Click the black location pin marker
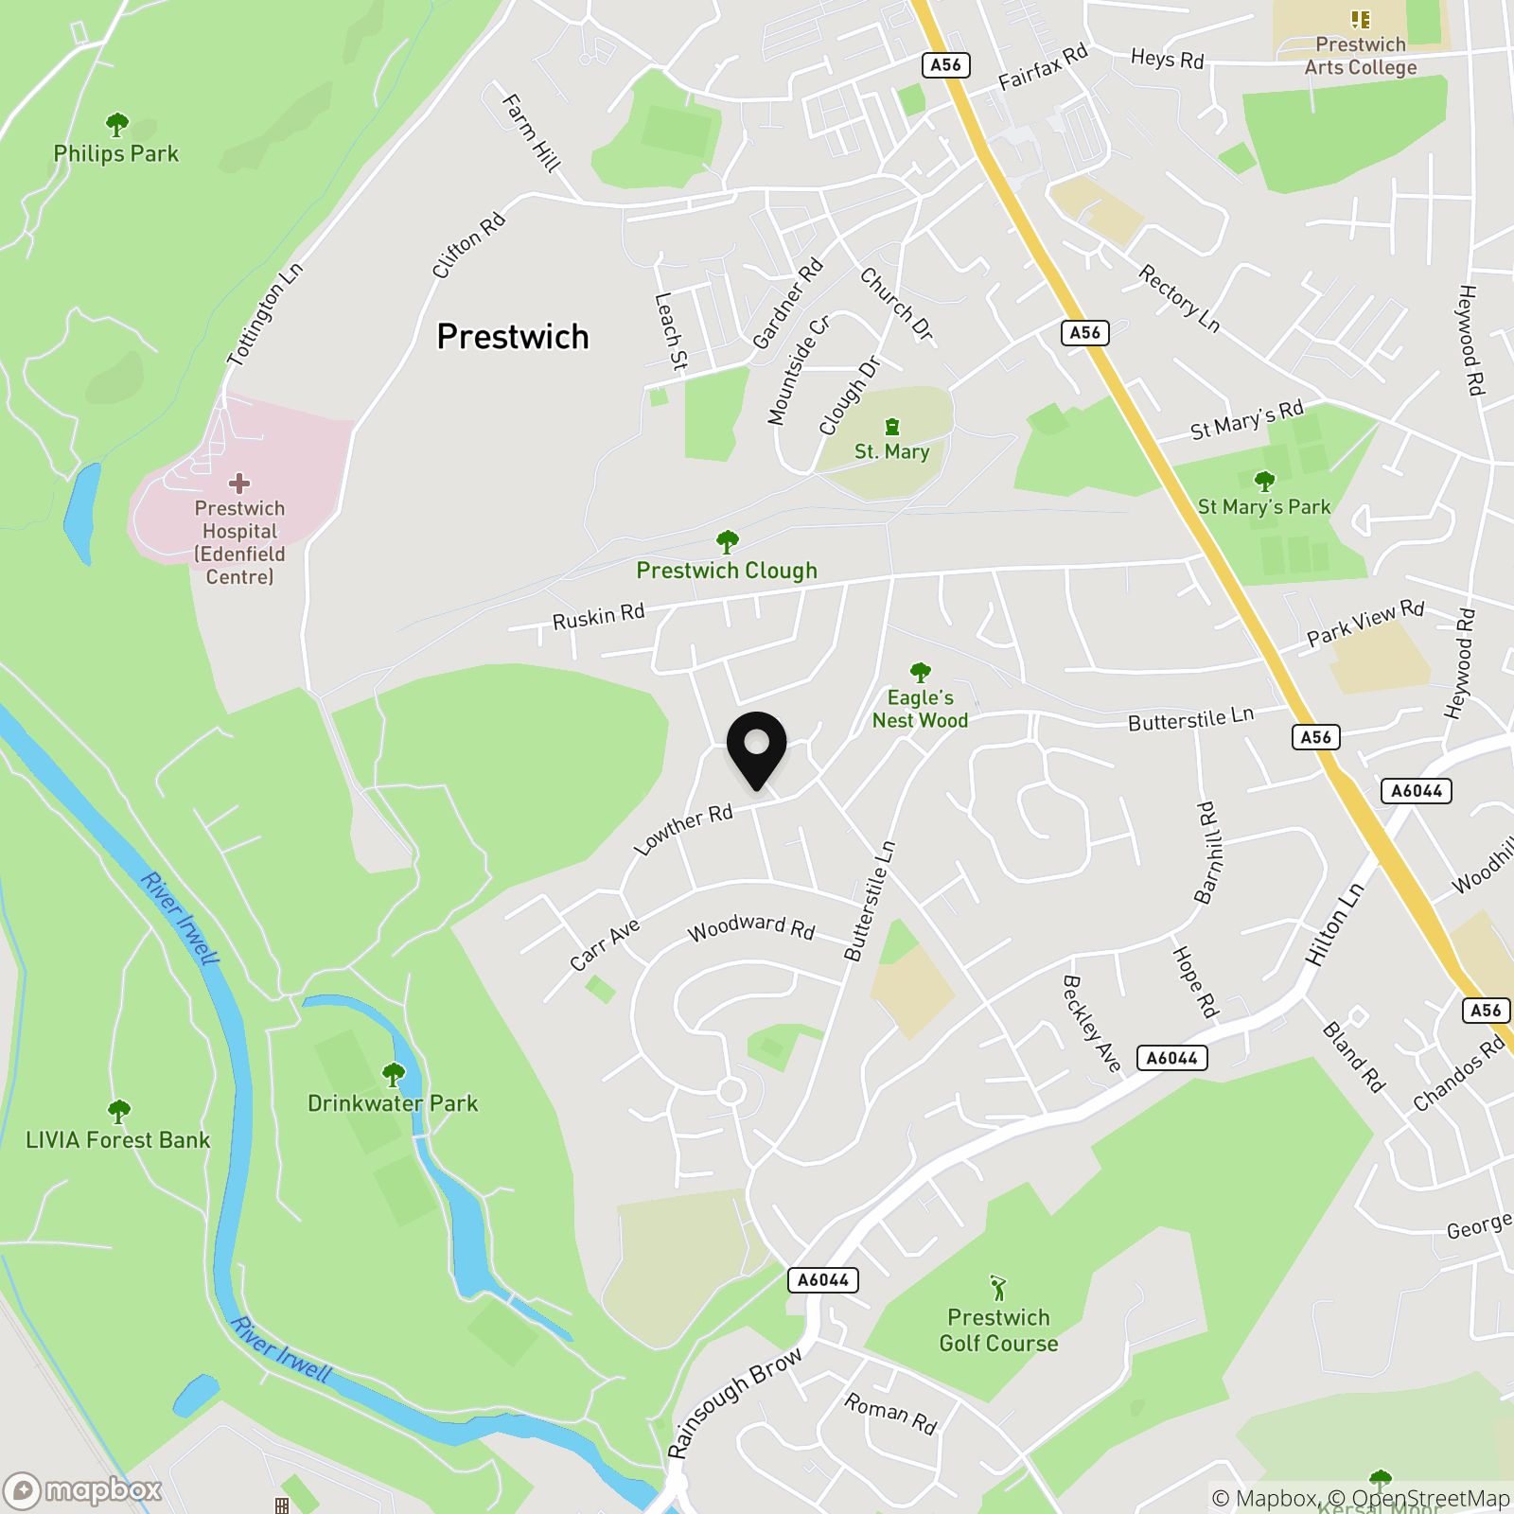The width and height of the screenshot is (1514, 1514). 756,748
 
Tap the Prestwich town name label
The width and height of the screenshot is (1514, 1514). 513,337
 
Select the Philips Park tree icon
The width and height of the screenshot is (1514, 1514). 116,125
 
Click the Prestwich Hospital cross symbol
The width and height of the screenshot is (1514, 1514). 239,484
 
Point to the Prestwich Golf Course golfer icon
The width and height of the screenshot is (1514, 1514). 998,1288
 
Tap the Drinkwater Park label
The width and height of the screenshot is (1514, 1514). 393,1103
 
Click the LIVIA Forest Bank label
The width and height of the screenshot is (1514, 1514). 117,1140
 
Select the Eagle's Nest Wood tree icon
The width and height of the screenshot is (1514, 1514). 920,673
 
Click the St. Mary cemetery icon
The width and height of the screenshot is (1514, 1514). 891,427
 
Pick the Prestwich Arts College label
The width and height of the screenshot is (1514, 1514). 1360,56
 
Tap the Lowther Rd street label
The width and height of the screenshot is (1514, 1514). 683,830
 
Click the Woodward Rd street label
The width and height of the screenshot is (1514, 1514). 751,927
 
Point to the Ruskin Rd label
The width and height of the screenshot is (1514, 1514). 598,616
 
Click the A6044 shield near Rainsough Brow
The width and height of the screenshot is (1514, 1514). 823,1280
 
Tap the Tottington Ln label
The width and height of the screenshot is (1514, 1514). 266,314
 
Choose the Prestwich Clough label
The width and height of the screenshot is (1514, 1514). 727,571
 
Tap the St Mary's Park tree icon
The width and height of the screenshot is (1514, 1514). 1264,482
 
